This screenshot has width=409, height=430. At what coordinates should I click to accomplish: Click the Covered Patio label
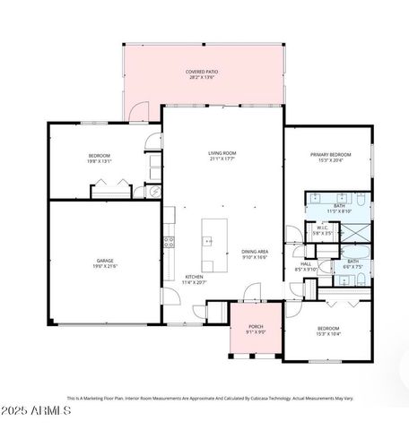pos(202,71)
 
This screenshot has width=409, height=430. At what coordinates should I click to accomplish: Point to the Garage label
pos(105,260)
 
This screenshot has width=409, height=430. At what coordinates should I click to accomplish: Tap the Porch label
pos(255,327)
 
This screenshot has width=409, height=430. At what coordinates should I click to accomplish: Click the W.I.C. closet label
pos(322,228)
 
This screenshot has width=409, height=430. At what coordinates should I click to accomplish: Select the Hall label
pos(305,263)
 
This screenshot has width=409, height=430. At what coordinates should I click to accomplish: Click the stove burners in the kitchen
pos(168,241)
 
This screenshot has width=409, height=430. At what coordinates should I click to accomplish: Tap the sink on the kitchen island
pos(209,240)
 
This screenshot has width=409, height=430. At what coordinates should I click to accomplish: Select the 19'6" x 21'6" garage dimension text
pos(105,266)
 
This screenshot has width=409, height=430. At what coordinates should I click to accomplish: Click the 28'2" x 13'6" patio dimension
pos(202,78)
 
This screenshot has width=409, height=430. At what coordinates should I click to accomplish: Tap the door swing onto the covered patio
pos(137,110)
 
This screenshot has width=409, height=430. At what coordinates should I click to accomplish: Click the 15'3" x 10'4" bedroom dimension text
pos(327,333)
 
